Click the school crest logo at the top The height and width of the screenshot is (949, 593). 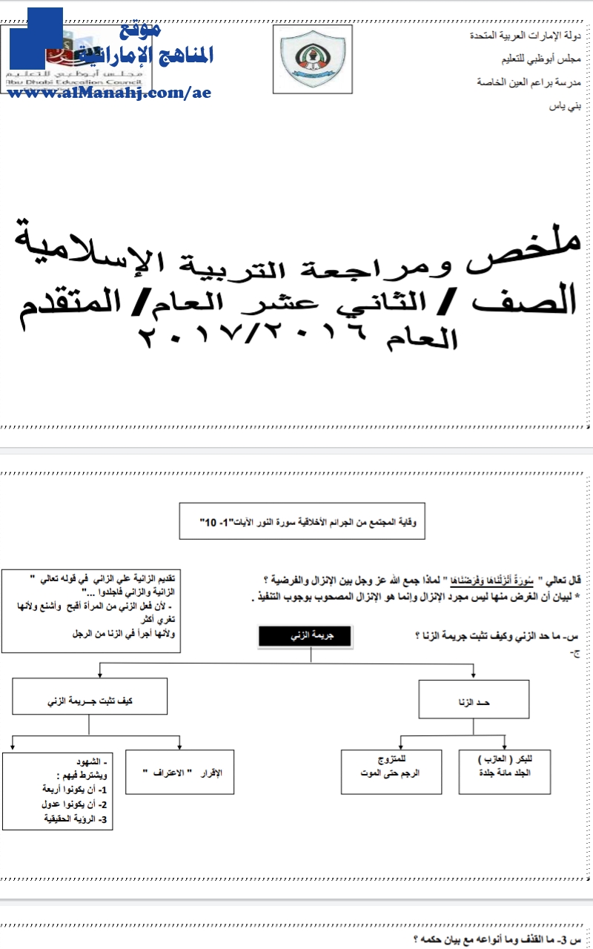tap(312, 59)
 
